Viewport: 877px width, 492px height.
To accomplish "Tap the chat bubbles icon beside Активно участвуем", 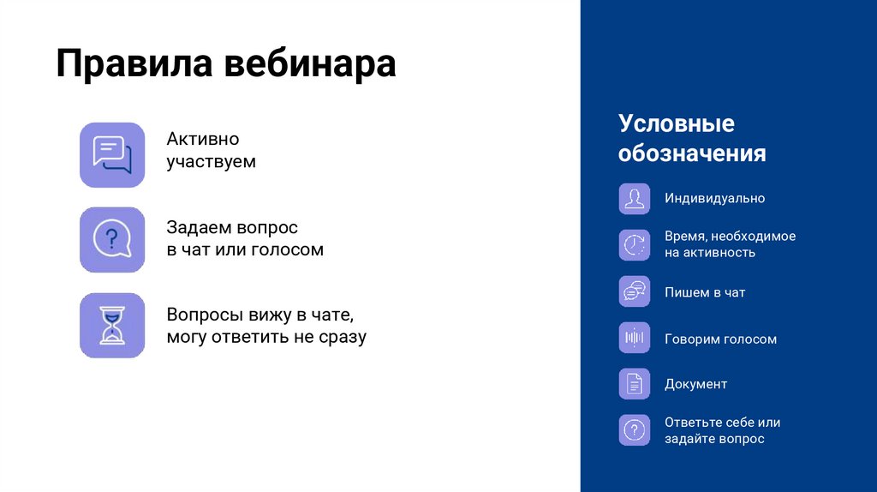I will tap(112, 154).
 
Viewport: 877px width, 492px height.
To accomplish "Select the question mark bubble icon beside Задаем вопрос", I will tap(112, 239).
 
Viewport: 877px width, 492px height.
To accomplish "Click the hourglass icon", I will tap(112, 325).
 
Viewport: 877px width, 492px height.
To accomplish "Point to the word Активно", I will tap(203, 139).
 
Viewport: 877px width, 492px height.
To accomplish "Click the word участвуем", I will tap(211, 161).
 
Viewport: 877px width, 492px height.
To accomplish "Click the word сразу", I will tap(343, 336).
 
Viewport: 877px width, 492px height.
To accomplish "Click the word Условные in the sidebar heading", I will tap(677, 123).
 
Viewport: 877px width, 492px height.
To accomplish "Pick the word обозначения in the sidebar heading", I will tap(692, 153).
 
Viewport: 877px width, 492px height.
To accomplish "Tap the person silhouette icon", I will tap(635, 199).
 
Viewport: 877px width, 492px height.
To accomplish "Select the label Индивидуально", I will tap(714, 198).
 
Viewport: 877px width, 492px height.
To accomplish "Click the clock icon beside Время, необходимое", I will tap(635, 244).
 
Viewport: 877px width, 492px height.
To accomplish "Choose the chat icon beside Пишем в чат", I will tap(635, 291).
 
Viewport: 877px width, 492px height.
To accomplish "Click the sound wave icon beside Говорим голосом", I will tap(635, 338).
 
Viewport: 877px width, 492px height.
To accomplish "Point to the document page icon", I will tap(635, 384).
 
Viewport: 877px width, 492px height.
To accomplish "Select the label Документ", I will tap(695, 384).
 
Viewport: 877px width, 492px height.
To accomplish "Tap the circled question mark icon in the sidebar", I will tap(635, 429).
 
